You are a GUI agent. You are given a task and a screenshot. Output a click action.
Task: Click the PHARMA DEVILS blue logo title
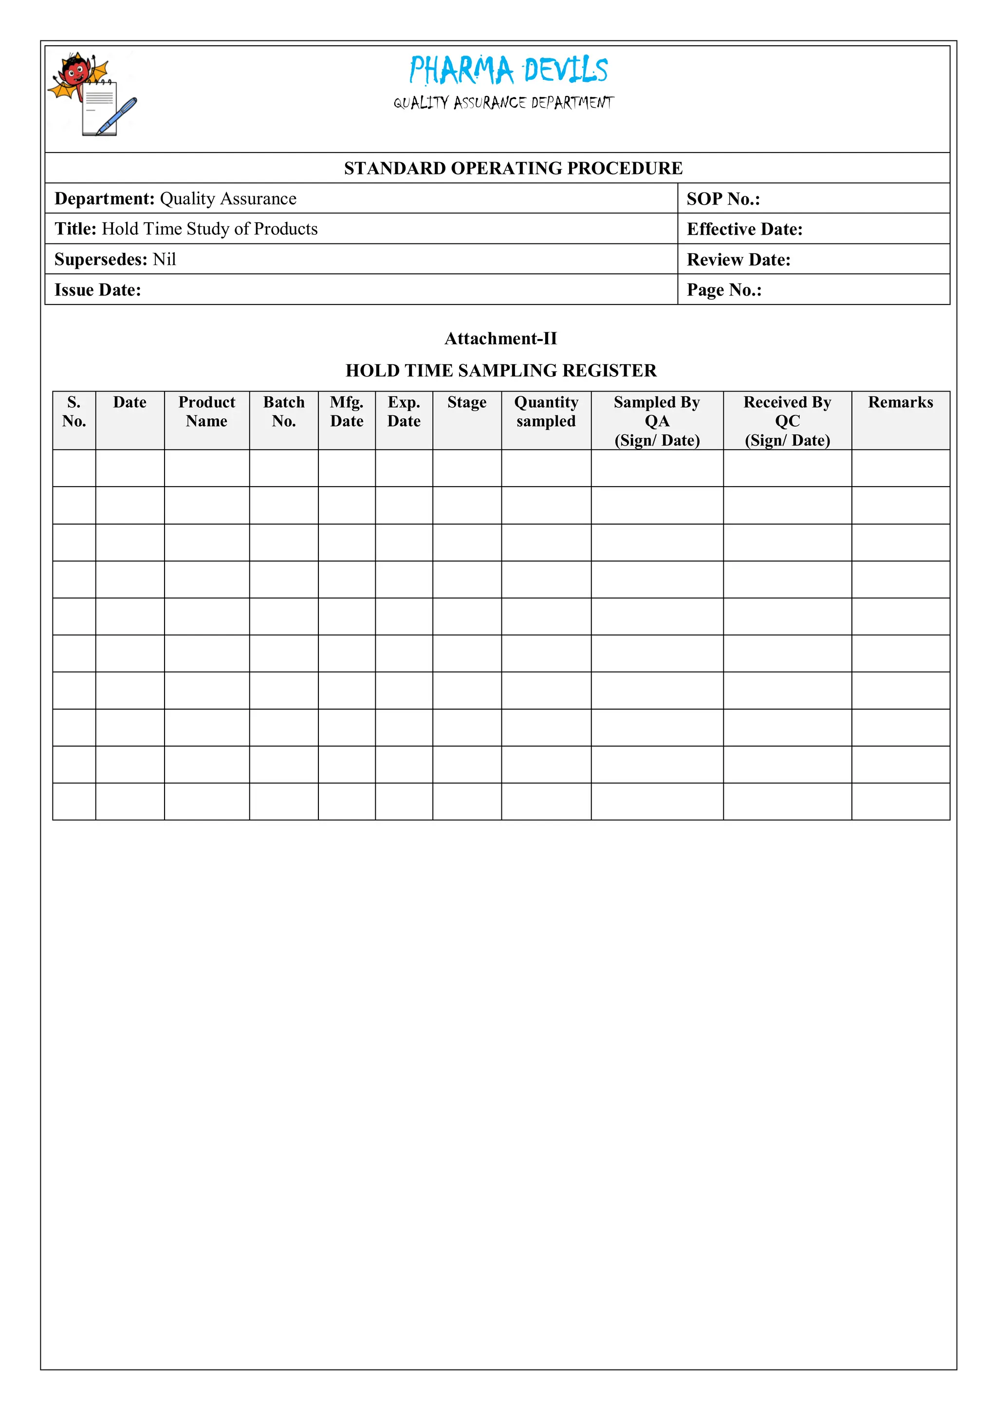(x=508, y=70)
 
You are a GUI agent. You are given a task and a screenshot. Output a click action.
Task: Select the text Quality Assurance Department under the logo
(x=503, y=103)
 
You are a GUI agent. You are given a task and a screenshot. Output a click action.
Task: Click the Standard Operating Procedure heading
(x=513, y=168)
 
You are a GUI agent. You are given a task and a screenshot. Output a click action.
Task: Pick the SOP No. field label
(x=723, y=199)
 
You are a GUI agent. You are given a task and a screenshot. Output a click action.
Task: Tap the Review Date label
(x=738, y=260)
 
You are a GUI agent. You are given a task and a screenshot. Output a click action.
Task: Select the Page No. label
(x=724, y=290)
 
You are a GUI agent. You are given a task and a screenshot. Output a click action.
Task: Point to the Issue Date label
(x=98, y=290)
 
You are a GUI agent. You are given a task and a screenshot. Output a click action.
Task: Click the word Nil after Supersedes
(x=165, y=259)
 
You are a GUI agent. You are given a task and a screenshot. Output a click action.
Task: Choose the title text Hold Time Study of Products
(x=209, y=229)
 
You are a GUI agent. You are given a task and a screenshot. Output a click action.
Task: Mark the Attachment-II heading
(x=500, y=338)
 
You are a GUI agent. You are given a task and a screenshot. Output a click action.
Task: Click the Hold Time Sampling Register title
(x=500, y=370)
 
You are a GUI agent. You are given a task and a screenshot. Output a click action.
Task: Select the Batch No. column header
(x=284, y=412)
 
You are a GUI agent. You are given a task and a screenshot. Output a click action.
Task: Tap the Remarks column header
(x=900, y=402)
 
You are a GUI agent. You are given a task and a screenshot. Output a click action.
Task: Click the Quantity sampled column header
(x=546, y=412)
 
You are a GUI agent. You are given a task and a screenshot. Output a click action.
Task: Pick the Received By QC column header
(x=787, y=421)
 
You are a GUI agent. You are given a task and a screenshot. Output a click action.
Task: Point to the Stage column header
(x=466, y=402)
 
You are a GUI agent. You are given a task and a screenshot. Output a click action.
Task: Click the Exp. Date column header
(x=404, y=412)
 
